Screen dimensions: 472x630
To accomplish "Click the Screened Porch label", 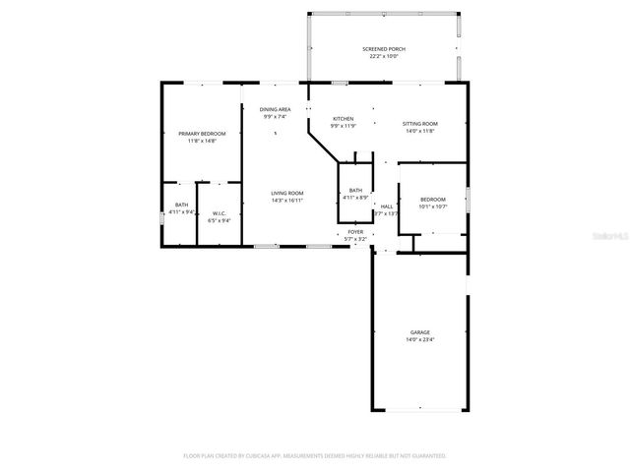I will [384, 49].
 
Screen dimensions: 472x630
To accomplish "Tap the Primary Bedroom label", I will [202, 133].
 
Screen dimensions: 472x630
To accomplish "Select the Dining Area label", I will [275, 109].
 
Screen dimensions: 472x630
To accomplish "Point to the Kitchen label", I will [343, 118].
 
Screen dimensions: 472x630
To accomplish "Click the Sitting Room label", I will [420, 124].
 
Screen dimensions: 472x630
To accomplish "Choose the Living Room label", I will [287, 193].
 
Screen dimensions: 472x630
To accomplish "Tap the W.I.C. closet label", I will [219, 213].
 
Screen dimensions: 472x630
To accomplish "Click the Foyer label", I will [355, 232].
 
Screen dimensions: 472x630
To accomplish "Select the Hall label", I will [387, 206].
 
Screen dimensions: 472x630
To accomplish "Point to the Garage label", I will [420, 332].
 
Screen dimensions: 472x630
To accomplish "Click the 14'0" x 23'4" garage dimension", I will [420, 340].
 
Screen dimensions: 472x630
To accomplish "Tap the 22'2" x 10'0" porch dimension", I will [384, 56].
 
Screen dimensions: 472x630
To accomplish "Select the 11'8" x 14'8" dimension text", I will [202, 141].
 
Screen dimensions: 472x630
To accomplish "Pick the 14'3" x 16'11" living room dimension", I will [287, 201].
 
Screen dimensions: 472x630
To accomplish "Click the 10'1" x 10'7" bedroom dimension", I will [433, 206].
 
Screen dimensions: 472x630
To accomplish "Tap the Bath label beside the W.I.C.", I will [181, 205].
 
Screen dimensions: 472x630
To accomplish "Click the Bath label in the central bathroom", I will [355, 190].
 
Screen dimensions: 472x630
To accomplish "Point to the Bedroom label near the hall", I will [433, 199].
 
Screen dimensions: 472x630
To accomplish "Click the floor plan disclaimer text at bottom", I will [315, 455].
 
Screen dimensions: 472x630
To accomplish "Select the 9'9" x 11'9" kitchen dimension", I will [343, 126].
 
